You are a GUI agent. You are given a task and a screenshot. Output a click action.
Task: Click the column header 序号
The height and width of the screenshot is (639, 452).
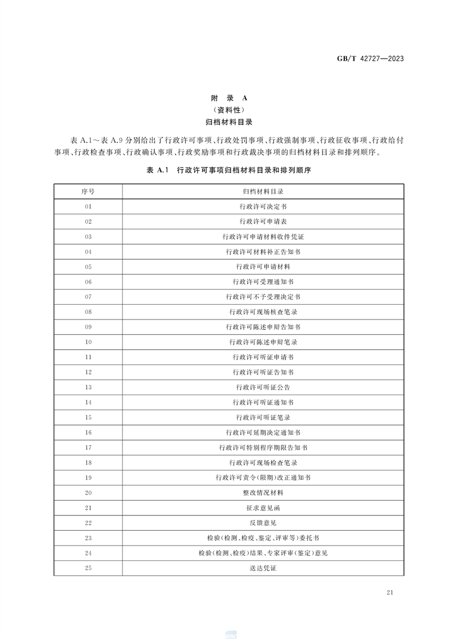88,191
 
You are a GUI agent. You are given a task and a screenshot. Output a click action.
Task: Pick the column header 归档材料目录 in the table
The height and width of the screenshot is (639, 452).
263,191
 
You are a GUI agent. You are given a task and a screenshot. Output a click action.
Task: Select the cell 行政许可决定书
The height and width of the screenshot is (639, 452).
263,206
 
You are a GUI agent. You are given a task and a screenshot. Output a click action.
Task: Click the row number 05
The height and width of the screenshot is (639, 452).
88,267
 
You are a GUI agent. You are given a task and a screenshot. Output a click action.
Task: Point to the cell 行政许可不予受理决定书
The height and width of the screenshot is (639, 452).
263,297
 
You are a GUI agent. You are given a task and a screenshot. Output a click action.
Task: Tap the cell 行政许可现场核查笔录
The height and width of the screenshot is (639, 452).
263,312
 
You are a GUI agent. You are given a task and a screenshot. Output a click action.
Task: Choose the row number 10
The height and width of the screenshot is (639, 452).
88,342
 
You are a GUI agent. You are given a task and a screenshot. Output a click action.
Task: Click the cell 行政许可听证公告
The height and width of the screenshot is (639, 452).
263,387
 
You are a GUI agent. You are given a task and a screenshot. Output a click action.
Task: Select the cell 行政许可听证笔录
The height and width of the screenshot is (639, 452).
263,417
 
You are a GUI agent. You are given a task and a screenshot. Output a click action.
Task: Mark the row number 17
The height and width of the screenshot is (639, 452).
88,448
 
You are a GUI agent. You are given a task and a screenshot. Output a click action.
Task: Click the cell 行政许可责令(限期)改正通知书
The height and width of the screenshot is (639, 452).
263,478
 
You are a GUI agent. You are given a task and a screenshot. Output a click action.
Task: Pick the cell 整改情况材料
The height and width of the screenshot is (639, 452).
263,493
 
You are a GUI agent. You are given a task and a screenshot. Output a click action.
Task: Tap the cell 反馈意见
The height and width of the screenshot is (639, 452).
263,523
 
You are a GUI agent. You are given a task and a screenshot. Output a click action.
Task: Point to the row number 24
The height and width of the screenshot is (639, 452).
88,553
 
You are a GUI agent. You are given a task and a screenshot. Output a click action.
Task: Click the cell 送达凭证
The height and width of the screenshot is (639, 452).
263,568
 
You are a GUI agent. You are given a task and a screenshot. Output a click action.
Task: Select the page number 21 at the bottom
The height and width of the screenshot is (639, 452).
390,593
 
